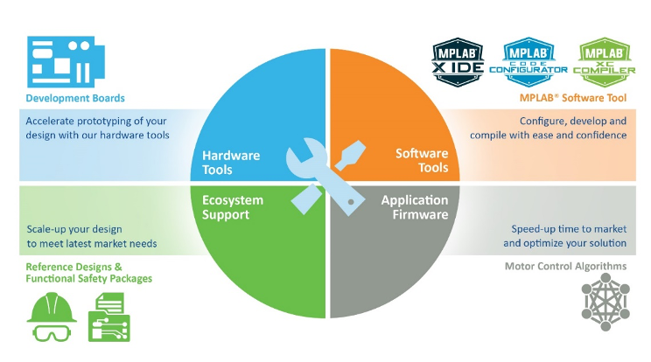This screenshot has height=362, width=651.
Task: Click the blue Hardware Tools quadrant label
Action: (x=231, y=161)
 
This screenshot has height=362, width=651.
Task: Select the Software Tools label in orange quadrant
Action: (x=421, y=160)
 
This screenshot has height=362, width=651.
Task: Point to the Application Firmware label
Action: (x=414, y=207)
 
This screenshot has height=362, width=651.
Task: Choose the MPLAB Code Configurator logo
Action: (x=528, y=59)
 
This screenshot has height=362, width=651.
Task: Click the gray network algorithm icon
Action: (x=606, y=303)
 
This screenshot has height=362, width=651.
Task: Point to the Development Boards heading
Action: (x=75, y=98)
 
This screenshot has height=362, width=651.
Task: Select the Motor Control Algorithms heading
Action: (x=565, y=266)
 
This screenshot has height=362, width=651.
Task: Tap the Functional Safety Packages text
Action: (x=89, y=278)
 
